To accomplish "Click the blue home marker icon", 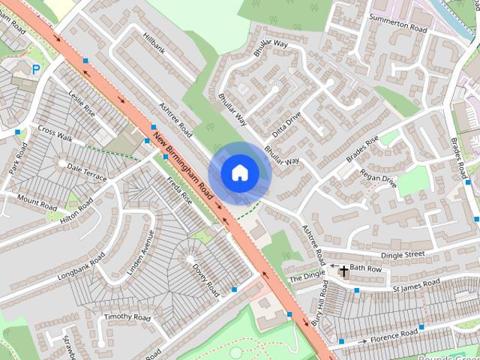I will (240, 172).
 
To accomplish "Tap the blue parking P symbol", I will (35, 70).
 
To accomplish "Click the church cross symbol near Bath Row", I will (343, 270).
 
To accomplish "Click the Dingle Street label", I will (403, 256).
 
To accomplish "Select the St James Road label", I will (416, 285).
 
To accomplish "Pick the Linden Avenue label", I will (139, 250).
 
